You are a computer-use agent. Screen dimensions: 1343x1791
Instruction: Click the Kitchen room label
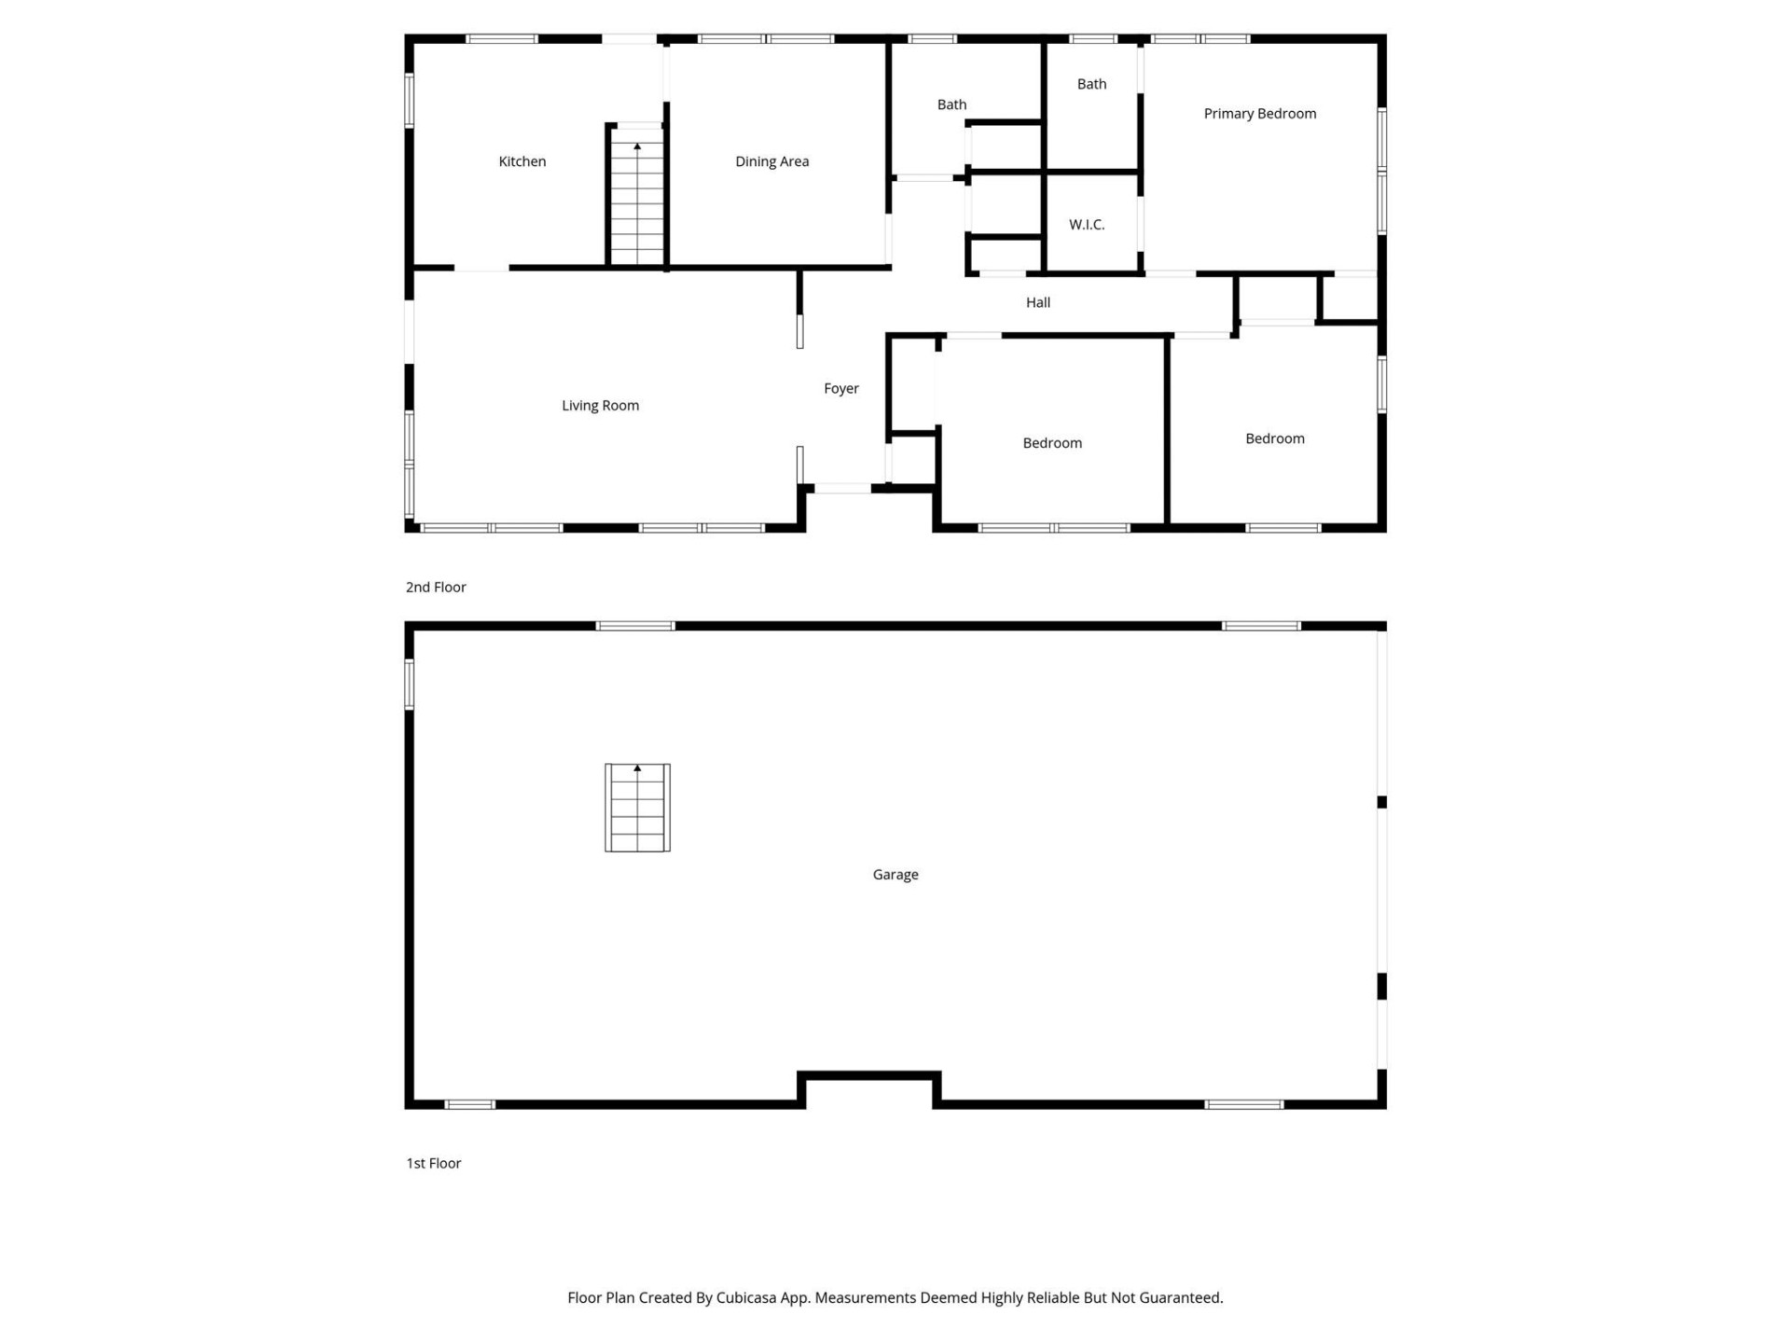click(x=521, y=161)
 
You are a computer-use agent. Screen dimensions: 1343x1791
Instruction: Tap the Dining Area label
click(x=771, y=161)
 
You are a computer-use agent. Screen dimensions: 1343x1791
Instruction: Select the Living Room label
click(x=600, y=406)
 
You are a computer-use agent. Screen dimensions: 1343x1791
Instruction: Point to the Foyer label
click(x=840, y=389)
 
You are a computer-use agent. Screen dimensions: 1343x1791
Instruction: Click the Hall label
click(x=1037, y=302)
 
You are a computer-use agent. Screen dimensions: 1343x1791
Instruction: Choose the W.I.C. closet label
click(x=1086, y=225)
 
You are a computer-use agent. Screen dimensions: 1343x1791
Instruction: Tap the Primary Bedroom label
click(x=1259, y=114)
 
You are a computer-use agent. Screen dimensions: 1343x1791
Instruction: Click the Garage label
click(x=895, y=875)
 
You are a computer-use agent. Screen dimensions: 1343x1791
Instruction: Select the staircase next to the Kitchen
click(x=637, y=201)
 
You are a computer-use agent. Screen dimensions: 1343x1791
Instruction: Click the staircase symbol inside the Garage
click(x=637, y=808)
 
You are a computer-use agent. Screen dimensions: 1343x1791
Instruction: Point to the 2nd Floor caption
click(x=436, y=587)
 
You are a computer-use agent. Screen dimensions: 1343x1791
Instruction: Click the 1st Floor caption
click(x=434, y=1163)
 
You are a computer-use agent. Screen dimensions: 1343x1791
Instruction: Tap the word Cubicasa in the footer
click(x=745, y=1297)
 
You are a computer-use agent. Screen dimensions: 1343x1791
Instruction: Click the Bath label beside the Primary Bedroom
click(x=1091, y=84)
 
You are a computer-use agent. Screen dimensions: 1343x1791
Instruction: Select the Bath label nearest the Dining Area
click(x=951, y=104)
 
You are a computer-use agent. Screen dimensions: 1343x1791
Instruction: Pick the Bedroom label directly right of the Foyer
click(x=1052, y=443)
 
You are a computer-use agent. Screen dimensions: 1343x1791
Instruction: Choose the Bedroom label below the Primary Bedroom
click(x=1274, y=438)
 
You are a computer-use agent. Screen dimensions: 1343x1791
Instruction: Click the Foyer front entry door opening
click(x=842, y=488)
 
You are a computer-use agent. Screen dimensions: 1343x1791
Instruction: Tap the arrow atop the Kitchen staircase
click(x=637, y=146)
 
